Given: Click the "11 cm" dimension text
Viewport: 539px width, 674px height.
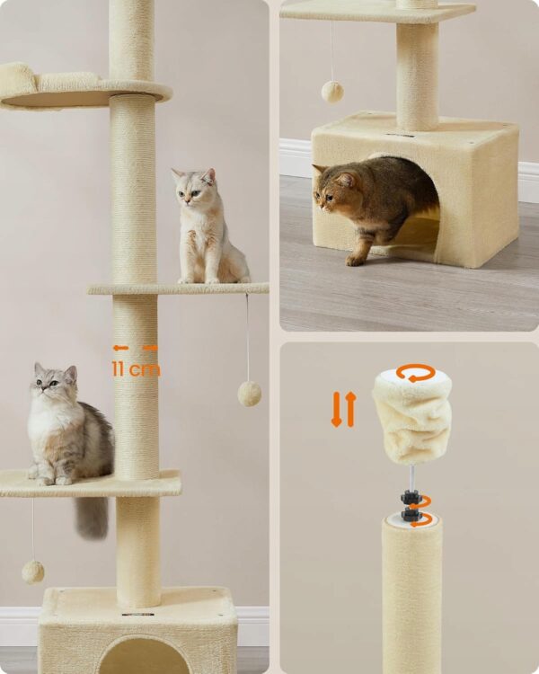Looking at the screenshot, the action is (x=136, y=368).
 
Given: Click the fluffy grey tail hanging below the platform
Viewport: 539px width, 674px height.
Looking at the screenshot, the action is (x=92, y=517).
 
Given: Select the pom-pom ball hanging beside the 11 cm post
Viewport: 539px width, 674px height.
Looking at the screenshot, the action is (x=250, y=394).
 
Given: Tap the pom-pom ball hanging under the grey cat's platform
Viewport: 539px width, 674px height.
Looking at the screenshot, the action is (x=33, y=572).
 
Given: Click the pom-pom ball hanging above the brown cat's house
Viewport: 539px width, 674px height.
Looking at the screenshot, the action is (x=332, y=91).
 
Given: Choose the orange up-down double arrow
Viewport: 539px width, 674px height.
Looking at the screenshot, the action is (x=344, y=409).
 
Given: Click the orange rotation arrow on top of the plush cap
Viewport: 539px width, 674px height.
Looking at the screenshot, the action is (x=415, y=372).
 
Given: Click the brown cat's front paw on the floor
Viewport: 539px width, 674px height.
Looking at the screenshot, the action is (x=355, y=260).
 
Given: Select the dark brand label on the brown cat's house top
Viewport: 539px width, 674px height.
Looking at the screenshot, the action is (x=400, y=136).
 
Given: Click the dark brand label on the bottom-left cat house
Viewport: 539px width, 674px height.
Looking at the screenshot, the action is (x=137, y=614).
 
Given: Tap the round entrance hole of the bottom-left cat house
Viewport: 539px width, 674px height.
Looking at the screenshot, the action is (x=144, y=656).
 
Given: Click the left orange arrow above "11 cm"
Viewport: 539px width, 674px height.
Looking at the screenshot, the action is (x=120, y=348).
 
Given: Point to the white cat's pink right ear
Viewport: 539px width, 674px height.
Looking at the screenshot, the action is (x=209, y=176).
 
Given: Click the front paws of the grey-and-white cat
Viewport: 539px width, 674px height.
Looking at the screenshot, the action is (x=47, y=479).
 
